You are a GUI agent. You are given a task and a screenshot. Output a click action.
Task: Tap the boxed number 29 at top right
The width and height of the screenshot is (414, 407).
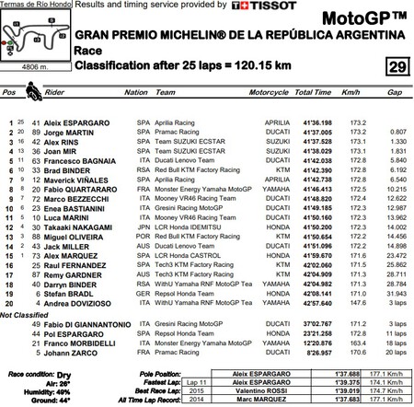pos(396,66)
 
